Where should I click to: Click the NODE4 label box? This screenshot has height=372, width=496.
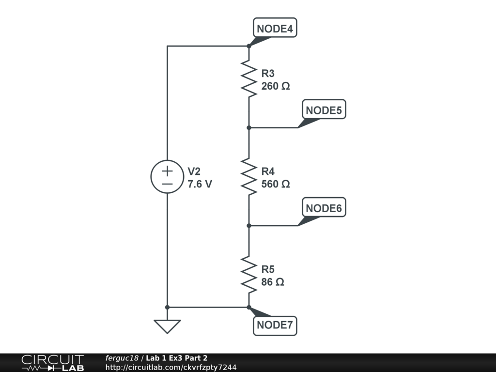coord(275,29)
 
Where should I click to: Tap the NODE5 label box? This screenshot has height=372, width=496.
coord(324,110)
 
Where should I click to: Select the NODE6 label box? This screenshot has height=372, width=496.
coord(324,208)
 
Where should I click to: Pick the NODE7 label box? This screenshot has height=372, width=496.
coord(275,325)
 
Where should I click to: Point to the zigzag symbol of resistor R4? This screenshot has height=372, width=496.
coord(248,176)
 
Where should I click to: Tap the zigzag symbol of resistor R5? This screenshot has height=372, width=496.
coord(248,274)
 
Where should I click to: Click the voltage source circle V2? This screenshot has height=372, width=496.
coord(167,177)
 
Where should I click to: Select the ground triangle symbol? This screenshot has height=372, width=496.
coord(167,326)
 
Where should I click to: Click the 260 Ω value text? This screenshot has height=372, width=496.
coord(276,87)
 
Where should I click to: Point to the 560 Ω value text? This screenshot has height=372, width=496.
coord(276,185)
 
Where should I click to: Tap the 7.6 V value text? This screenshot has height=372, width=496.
coord(200,185)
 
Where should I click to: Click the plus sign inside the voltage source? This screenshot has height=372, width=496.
coord(167,171)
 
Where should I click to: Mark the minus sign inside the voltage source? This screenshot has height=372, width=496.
coord(167,184)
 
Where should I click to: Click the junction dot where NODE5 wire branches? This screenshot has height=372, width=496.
coord(248,127)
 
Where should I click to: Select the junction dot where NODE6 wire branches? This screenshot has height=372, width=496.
coord(248,225)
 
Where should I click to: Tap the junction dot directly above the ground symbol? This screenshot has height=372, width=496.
coord(167,307)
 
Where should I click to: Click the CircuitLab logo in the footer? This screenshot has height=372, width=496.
coord(52,363)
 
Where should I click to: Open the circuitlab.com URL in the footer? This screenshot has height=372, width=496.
coord(171,368)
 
